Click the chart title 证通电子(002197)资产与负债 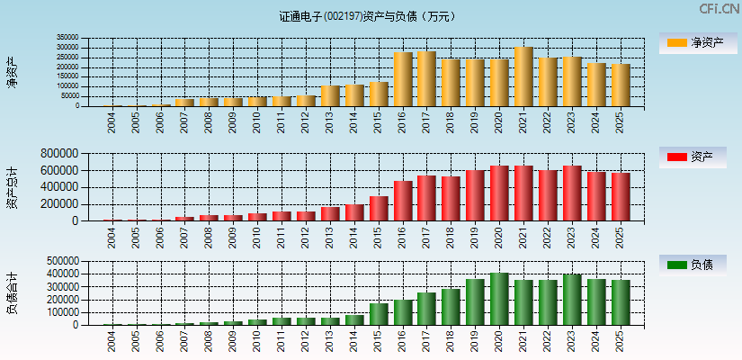click(367, 16)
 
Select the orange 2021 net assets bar click(523, 76)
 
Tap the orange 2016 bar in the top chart click(403, 79)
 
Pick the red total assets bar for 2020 click(499, 193)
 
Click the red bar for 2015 click(379, 209)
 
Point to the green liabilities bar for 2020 click(499, 299)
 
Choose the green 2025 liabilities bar click(621, 302)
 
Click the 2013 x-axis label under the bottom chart click(330, 340)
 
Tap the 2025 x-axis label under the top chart click(621, 121)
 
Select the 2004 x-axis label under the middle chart click(112, 237)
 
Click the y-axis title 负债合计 click(12, 292)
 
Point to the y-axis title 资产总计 click(12, 187)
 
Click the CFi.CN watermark click(719, 9)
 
